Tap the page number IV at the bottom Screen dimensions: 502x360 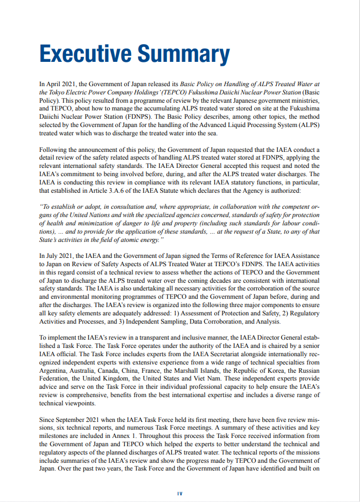[x=179, y=493]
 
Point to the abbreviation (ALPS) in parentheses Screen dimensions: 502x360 [x=309, y=126]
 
